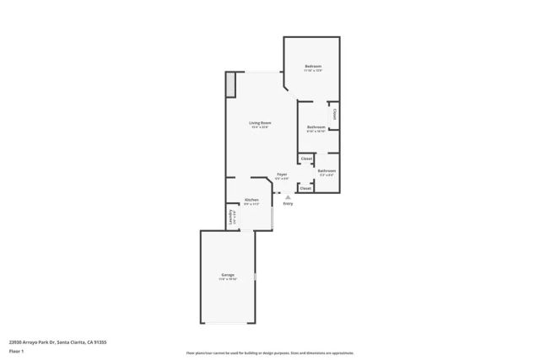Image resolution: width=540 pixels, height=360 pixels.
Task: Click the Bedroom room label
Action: pyautogui.click(x=313, y=66)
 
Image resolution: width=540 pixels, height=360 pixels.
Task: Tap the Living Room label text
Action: pyautogui.click(x=260, y=123)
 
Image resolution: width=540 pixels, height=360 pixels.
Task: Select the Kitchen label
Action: pyautogui.click(x=251, y=200)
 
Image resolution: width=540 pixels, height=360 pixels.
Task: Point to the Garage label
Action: pyautogui.click(x=228, y=275)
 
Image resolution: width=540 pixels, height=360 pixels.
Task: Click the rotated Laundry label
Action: pyautogui.click(x=230, y=216)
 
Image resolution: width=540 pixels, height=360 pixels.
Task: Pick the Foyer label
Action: pyautogui.click(x=282, y=175)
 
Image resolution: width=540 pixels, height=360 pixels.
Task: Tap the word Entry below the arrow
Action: pyautogui.click(x=288, y=204)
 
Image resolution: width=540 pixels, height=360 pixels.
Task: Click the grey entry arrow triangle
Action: pyautogui.click(x=288, y=197)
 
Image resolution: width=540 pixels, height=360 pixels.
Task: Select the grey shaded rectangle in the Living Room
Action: pyautogui.click(x=229, y=85)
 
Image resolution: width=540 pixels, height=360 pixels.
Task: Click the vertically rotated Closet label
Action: pyautogui.click(x=335, y=115)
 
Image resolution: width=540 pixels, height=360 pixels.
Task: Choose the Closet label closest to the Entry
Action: pyautogui.click(x=305, y=188)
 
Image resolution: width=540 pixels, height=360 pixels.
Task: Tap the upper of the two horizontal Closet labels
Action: pyautogui.click(x=306, y=159)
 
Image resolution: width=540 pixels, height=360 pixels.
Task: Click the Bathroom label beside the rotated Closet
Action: pyautogui.click(x=316, y=127)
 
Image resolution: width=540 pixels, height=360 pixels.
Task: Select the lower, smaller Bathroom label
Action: pyautogui.click(x=327, y=171)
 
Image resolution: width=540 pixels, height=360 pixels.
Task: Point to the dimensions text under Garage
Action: pyautogui.click(x=228, y=279)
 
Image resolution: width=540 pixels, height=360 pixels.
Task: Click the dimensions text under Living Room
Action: pyautogui.click(x=260, y=127)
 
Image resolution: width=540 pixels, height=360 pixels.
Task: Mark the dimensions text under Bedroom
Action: pyautogui.click(x=313, y=70)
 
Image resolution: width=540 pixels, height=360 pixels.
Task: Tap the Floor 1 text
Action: pyautogui.click(x=17, y=350)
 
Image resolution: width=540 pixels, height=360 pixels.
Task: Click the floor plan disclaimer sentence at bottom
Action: pyautogui.click(x=269, y=353)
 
